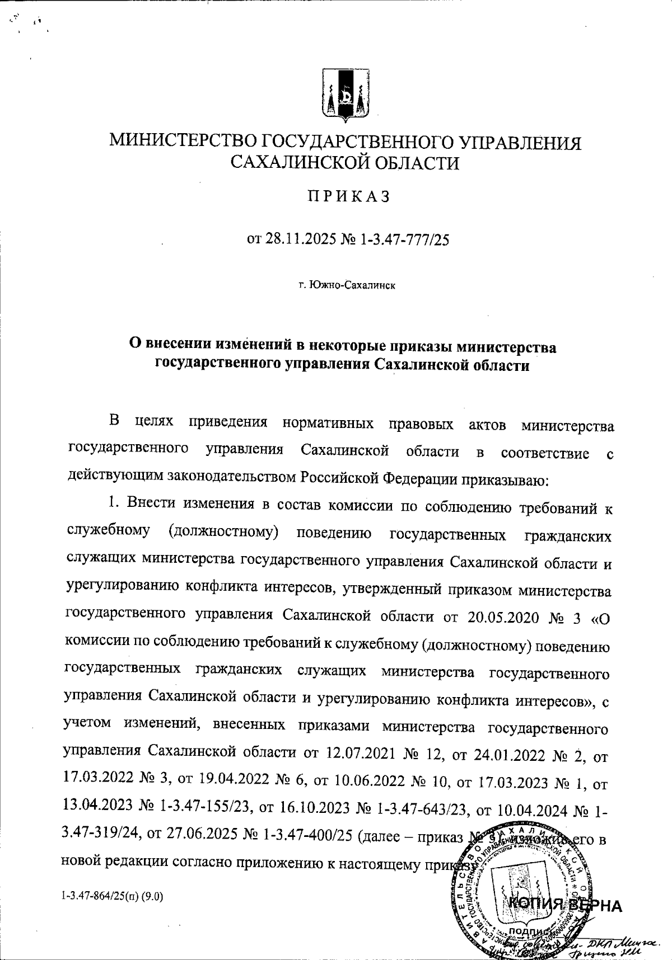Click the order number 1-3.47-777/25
click(404, 240)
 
